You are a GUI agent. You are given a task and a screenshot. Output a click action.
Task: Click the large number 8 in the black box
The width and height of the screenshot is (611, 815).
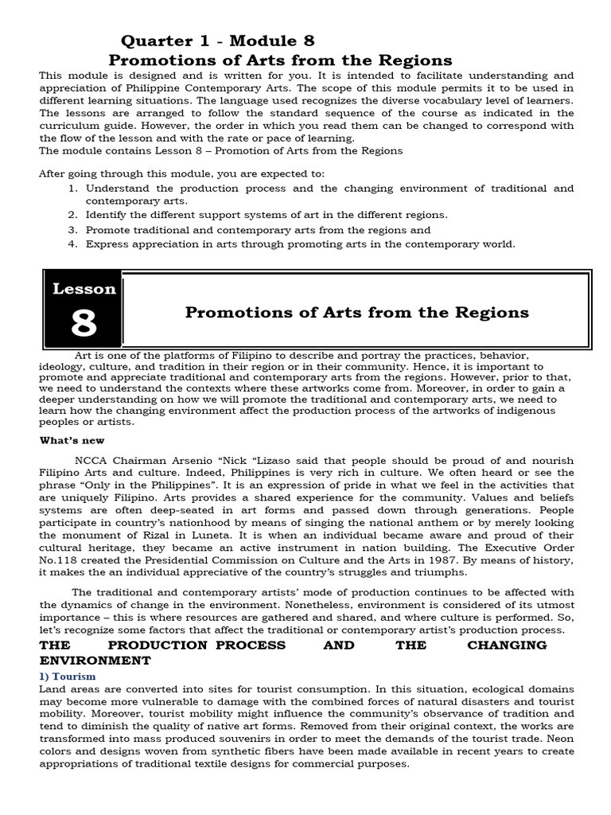(x=84, y=323)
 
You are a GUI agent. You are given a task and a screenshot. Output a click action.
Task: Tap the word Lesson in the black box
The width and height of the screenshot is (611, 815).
(x=84, y=289)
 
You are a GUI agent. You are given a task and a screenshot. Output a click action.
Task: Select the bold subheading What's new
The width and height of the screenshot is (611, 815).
(x=72, y=440)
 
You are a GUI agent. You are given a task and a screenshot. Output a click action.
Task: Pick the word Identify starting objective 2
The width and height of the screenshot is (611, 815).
(x=106, y=215)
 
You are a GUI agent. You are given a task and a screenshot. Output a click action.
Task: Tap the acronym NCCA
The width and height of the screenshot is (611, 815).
(x=91, y=462)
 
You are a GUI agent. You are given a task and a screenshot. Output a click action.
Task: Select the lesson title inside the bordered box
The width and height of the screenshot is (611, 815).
(x=356, y=312)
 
